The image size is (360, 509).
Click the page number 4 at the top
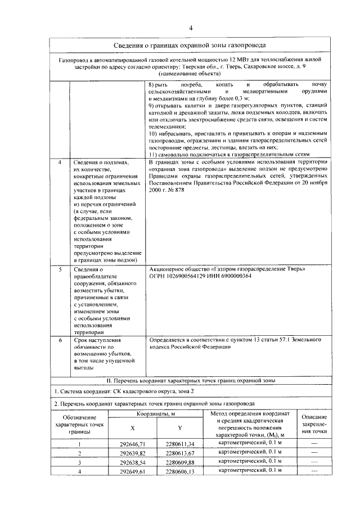click(x=191, y=28)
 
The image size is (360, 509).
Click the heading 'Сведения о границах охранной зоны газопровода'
click(x=190, y=45)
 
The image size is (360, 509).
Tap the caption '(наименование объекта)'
click(x=190, y=74)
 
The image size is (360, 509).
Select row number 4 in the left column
click(x=61, y=163)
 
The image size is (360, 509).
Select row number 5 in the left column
click(x=61, y=269)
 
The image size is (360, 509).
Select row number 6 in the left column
click(x=61, y=340)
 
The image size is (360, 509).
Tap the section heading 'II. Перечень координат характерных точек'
click(x=190, y=381)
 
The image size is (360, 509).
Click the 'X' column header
click(x=133, y=429)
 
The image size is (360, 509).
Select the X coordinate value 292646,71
click(x=133, y=444)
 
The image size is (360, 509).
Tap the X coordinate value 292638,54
click(x=133, y=462)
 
